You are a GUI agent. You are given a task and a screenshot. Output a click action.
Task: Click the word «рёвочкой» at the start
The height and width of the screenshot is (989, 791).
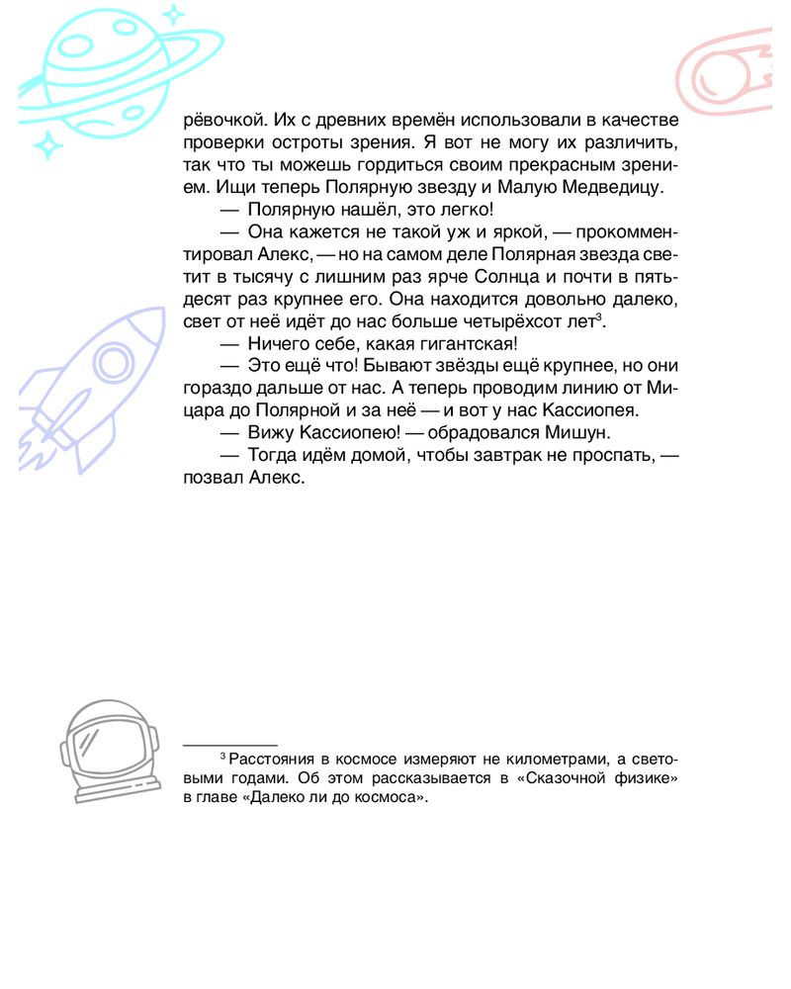(x=220, y=121)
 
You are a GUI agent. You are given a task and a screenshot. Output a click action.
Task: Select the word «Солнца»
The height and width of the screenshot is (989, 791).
(x=502, y=278)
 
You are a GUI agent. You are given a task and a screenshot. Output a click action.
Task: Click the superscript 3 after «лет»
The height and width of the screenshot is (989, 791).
(x=600, y=315)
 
